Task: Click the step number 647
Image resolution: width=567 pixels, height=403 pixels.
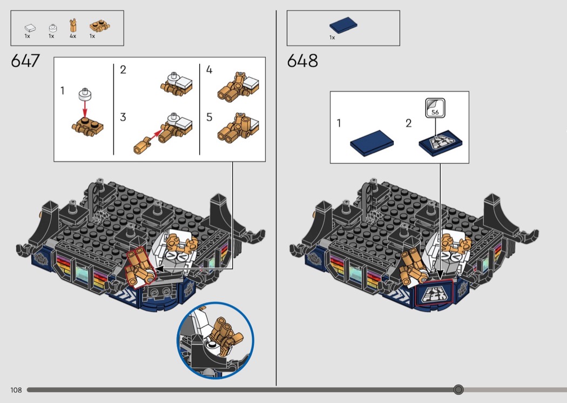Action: tap(25, 61)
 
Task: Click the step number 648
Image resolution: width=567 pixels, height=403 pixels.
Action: tap(302, 61)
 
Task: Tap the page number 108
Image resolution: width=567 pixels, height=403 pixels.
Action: tap(16, 390)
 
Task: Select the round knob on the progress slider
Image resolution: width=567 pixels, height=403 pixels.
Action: tap(458, 389)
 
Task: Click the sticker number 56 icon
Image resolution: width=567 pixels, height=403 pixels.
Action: tap(435, 108)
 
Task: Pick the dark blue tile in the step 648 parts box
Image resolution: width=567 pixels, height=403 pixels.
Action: tap(343, 25)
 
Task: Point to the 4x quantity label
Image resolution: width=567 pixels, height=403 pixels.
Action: tap(73, 36)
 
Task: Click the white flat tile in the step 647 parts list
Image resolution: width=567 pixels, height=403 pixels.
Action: tap(30, 28)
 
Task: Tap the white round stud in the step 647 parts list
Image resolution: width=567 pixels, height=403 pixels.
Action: tap(52, 28)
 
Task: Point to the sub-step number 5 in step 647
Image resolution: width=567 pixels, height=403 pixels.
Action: tap(210, 117)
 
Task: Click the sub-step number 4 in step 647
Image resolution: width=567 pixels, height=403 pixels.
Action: tap(210, 70)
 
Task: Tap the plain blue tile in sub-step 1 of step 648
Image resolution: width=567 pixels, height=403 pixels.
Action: tap(372, 143)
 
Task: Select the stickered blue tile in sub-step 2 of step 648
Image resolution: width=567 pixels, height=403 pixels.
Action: tap(441, 143)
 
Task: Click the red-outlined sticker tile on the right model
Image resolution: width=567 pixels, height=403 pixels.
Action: tap(435, 292)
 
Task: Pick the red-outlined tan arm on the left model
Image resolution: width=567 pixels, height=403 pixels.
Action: tap(139, 268)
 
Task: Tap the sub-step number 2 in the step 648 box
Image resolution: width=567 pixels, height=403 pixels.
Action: tap(409, 123)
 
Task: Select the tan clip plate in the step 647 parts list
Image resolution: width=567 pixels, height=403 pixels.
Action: tap(100, 26)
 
